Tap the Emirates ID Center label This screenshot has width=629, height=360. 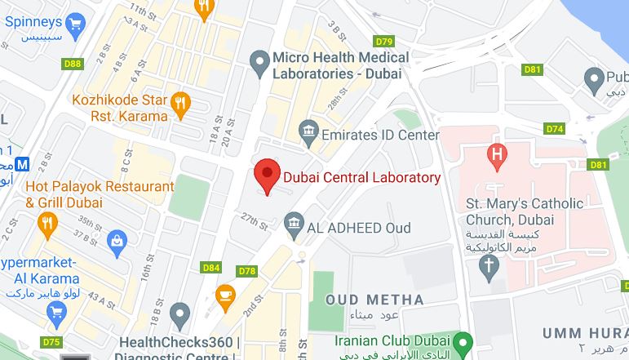(x=369, y=134)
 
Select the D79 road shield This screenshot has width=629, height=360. (x=384, y=42)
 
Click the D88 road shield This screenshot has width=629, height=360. (x=73, y=64)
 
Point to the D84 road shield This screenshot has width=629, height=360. (x=210, y=268)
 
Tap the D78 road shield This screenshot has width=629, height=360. (x=247, y=270)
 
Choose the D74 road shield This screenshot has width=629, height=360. (x=555, y=129)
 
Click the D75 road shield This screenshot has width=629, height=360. (x=51, y=342)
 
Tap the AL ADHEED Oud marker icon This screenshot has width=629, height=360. (x=293, y=222)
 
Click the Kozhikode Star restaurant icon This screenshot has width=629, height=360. (x=181, y=103)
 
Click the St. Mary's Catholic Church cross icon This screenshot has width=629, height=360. (x=489, y=264)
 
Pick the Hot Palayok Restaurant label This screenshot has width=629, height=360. (x=89, y=194)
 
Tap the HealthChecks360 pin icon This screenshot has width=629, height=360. (x=179, y=312)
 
